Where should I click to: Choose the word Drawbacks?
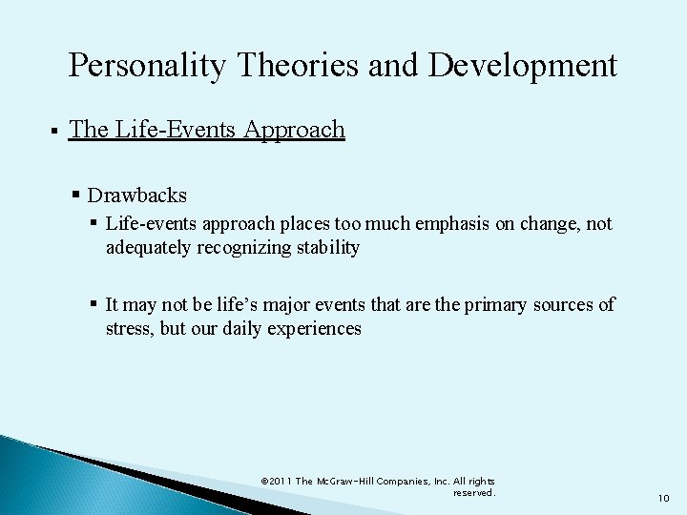point(136,195)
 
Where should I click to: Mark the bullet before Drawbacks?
point(76,196)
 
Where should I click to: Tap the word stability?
point(327,248)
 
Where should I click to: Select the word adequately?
point(147,248)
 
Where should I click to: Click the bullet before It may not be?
point(95,304)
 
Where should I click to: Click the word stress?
point(127,329)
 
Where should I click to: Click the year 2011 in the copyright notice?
point(281,482)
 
